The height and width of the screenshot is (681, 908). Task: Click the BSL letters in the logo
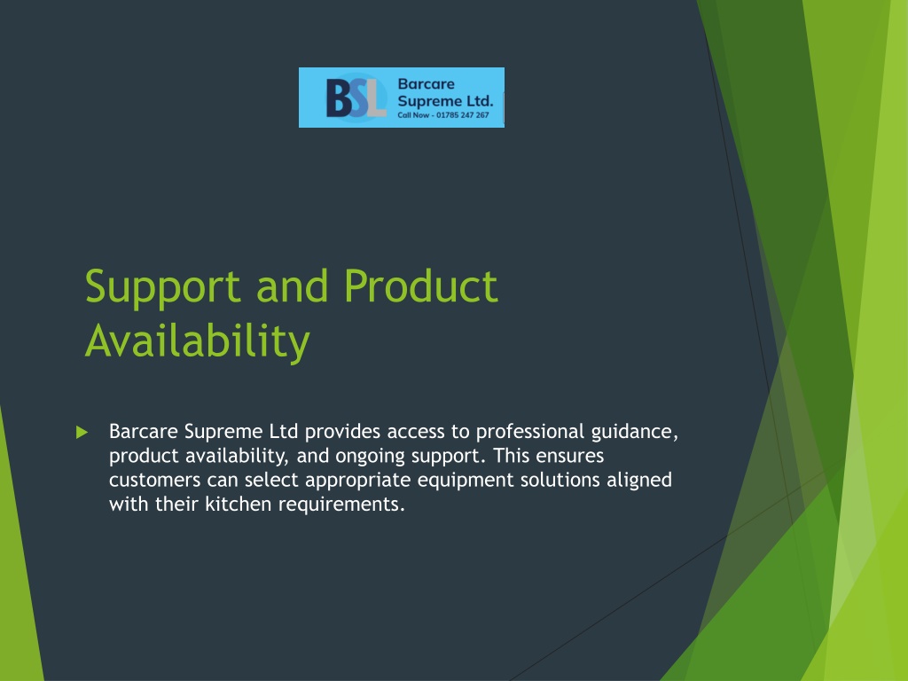point(356,98)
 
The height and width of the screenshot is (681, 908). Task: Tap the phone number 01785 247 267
point(463,115)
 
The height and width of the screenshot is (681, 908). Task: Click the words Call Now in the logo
point(413,115)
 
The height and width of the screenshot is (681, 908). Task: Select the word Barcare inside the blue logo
point(427,84)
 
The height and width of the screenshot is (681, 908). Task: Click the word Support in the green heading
point(163,288)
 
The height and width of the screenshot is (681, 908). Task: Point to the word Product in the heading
point(421,286)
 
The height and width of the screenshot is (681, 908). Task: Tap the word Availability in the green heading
point(198,341)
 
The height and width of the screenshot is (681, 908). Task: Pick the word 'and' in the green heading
point(292,286)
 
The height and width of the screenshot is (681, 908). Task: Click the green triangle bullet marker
point(82,432)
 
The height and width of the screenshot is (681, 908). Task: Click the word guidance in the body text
point(634,433)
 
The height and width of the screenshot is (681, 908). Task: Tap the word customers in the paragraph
point(154,480)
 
